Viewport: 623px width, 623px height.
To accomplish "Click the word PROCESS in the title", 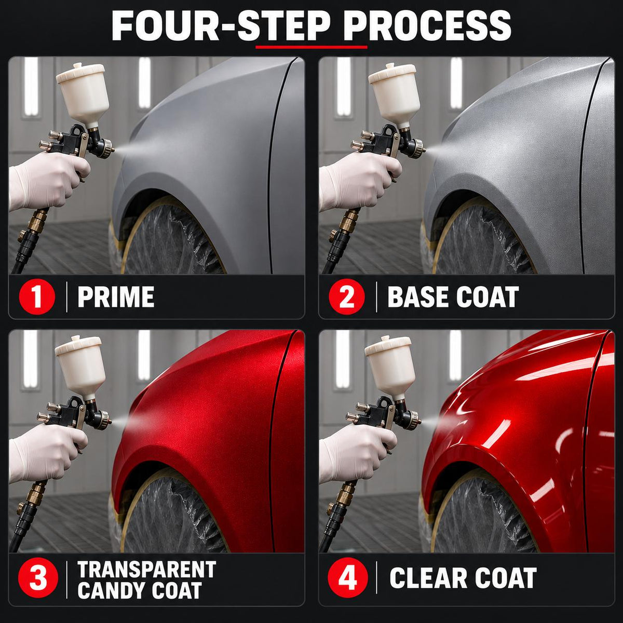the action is pyautogui.click(x=427, y=26).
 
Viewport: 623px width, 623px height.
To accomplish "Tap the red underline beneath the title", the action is pyautogui.click(x=311, y=47).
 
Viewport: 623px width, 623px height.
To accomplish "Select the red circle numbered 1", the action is pyautogui.click(x=37, y=296).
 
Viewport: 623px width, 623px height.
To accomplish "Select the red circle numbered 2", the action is pyautogui.click(x=347, y=296).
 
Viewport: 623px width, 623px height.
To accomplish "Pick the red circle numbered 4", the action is pyautogui.click(x=347, y=577).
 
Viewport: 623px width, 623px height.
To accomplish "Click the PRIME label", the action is pyautogui.click(x=116, y=297).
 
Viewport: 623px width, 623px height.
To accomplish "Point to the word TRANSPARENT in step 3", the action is pyautogui.click(x=147, y=570).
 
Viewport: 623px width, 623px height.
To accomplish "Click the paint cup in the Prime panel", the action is pyautogui.click(x=83, y=94).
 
